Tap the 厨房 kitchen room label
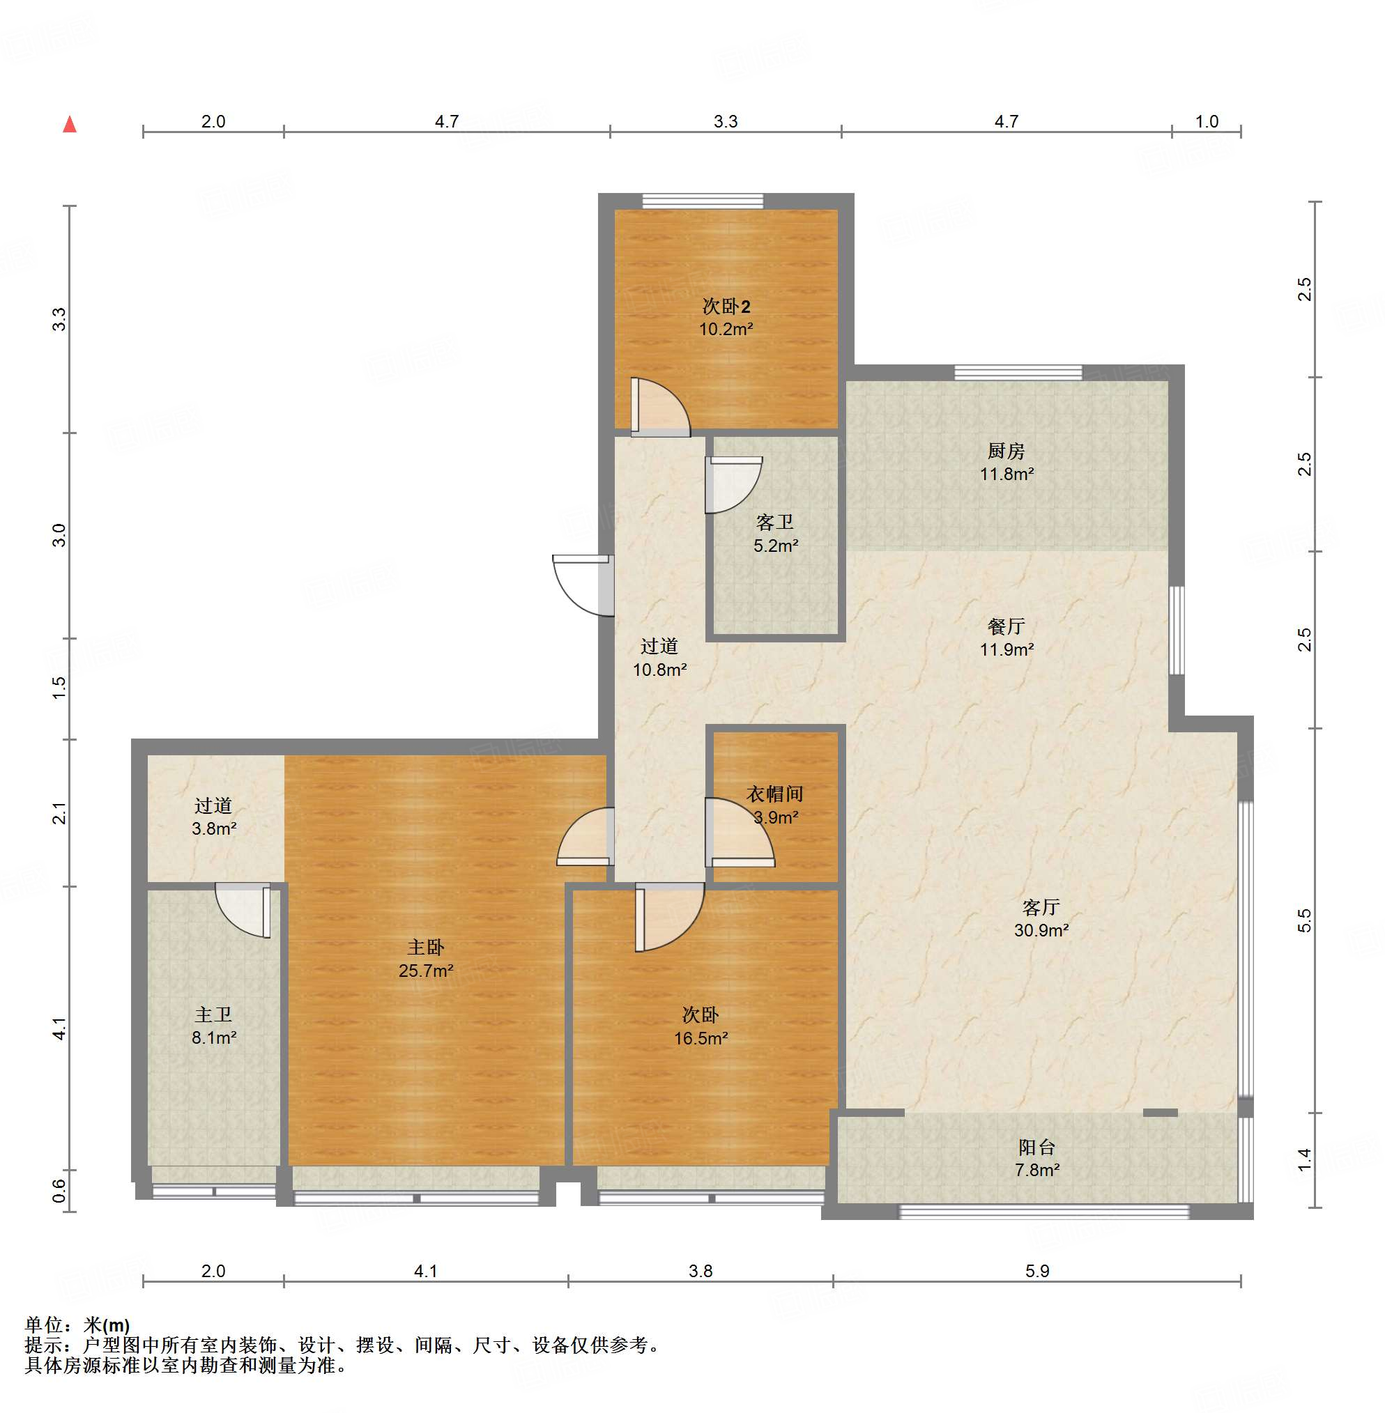tap(1006, 451)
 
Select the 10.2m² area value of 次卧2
tap(726, 329)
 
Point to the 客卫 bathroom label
tap(774, 522)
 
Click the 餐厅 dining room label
tap(1006, 626)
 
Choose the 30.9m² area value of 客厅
tap(1041, 930)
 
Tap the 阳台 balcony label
tap(1036, 1148)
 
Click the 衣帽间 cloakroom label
tap(774, 794)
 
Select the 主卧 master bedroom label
tap(426, 948)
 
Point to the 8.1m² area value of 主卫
tap(214, 1037)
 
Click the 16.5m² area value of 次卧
tap(701, 1038)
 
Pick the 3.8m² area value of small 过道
tap(214, 828)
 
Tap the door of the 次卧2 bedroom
tap(660, 407)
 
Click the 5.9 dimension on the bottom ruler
tap(1036, 1271)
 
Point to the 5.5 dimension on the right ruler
tap(1305, 920)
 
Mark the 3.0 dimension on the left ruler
tap(59, 535)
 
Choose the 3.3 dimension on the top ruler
tap(725, 121)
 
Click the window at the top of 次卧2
tap(703, 201)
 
